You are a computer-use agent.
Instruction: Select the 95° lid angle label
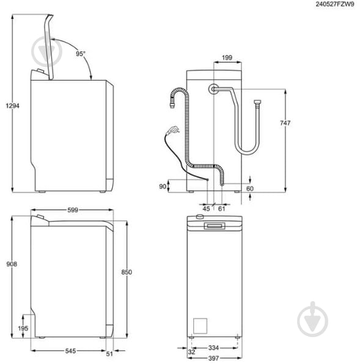coord(80,54)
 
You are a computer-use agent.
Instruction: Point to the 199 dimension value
coord(227,58)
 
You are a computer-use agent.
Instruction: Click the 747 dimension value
coord(284,123)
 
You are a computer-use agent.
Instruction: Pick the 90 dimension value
coord(163,186)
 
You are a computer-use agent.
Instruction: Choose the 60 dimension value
coord(249,189)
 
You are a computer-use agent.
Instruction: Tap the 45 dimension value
coord(206,208)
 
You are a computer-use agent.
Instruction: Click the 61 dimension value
coord(221,208)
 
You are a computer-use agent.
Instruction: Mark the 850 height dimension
coord(127,272)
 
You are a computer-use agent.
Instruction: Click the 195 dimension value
coord(23,329)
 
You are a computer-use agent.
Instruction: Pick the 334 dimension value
coord(213,347)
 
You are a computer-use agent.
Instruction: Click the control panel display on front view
coord(215,227)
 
